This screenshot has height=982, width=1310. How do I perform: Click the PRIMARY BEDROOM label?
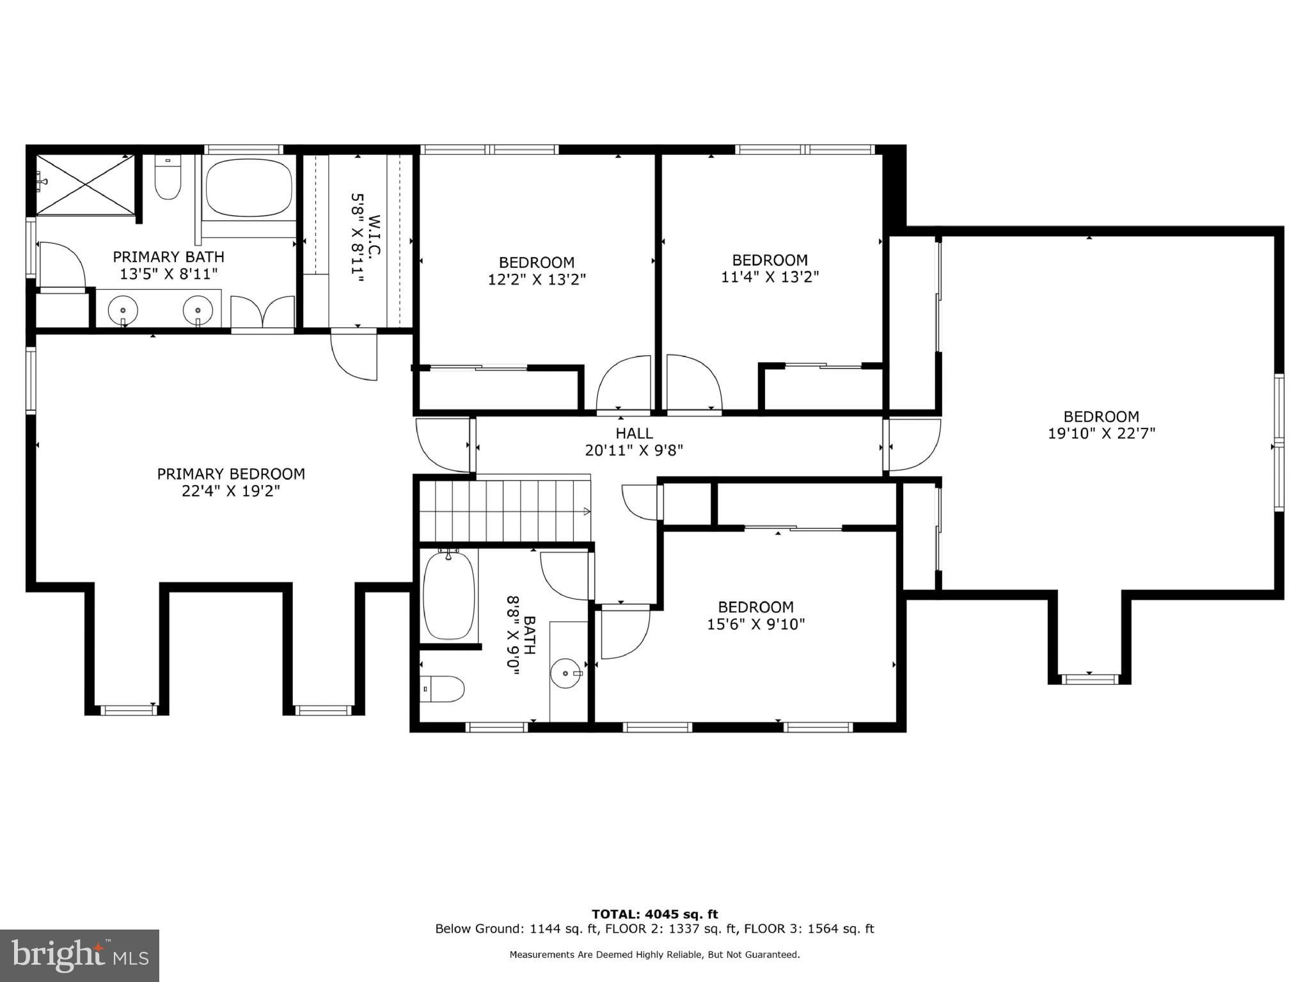tap(231, 474)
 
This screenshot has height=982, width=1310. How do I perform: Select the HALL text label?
tap(634, 433)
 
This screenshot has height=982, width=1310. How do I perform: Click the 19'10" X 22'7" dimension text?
tap(1101, 434)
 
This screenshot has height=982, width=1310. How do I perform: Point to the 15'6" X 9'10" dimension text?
tap(755, 624)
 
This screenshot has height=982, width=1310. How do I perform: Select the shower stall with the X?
tap(85, 185)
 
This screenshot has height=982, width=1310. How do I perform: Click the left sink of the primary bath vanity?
tap(123, 311)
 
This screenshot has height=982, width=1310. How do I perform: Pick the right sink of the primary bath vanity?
tap(198, 311)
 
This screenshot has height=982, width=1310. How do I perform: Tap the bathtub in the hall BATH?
tap(449, 595)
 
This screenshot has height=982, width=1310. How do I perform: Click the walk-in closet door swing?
tap(353, 356)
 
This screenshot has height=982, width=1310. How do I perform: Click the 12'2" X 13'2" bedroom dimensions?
tap(537, 280)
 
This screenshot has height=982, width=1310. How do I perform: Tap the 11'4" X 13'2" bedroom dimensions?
tap(769, 277)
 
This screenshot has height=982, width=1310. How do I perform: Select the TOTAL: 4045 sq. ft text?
tap(654, 914)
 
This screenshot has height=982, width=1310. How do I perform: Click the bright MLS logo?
tap(79, 955)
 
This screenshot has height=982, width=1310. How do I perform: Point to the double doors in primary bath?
tap(262, 312)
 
